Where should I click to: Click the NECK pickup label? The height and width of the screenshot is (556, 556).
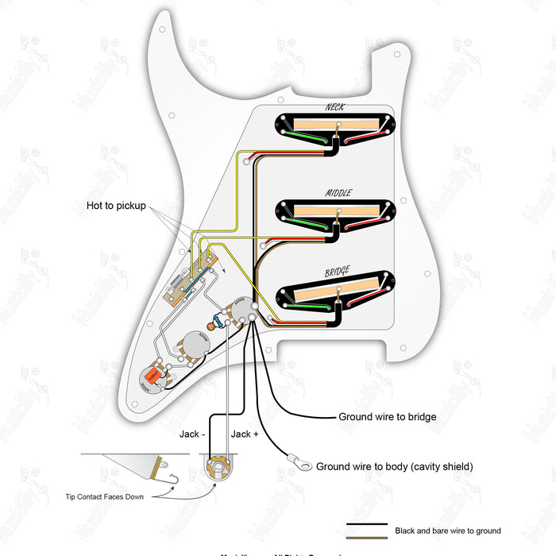point(334,107)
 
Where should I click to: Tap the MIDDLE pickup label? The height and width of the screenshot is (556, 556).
point(338,192)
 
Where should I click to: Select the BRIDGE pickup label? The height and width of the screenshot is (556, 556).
point(337,272)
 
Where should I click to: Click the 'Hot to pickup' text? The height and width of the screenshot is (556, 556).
point(116,207)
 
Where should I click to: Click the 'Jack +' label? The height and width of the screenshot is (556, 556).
point(244,434)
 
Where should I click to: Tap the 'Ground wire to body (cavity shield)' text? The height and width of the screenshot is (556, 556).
point(394,466)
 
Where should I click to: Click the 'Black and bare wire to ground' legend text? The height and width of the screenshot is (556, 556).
point(447,531)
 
